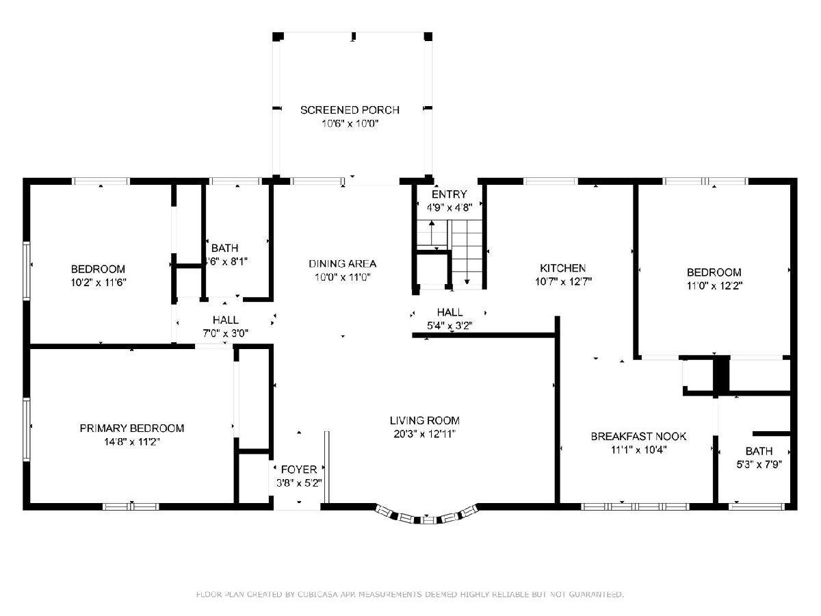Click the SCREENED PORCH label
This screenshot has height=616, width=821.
350,110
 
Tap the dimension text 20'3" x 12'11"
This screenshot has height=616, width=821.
425,434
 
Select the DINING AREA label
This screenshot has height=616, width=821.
342,264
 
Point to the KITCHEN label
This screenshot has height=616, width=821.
562,268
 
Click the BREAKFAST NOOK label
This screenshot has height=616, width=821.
638,436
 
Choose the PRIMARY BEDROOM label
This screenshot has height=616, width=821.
131,428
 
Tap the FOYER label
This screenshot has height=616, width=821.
299,469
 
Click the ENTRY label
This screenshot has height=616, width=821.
449,194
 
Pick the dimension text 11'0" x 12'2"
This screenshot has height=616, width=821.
714,285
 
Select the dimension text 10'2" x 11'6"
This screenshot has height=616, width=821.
99,283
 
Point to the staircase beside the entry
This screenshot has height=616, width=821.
451,253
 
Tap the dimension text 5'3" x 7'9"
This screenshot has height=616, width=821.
759,465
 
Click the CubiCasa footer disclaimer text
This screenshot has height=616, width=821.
410,594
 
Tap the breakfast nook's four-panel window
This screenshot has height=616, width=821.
635,506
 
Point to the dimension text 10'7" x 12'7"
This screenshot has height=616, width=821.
563,281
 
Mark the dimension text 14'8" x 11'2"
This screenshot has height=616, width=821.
131,441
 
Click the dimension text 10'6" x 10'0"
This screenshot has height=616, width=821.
350,123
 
